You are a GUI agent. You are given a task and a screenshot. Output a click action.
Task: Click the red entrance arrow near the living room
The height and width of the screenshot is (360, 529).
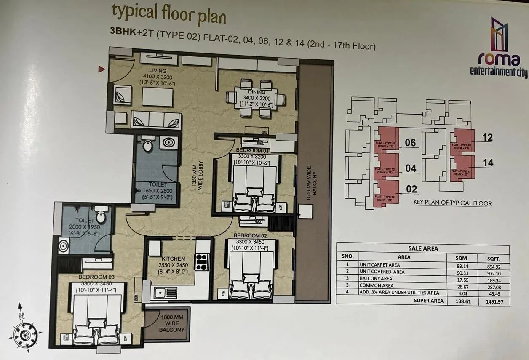tap(101, 69)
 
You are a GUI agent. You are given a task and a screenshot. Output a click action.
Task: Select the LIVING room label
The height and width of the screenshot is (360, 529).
tap(158, 70)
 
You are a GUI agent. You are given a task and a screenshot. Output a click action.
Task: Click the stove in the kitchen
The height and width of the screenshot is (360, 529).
tap(202, 261)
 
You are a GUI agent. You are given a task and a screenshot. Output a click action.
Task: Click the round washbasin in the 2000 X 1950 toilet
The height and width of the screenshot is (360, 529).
tap(63, 245)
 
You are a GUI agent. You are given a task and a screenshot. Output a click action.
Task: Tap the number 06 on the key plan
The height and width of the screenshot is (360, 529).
tap(410, 143)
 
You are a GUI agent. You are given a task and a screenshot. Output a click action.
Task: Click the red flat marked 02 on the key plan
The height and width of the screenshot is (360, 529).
tap(385, 194)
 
